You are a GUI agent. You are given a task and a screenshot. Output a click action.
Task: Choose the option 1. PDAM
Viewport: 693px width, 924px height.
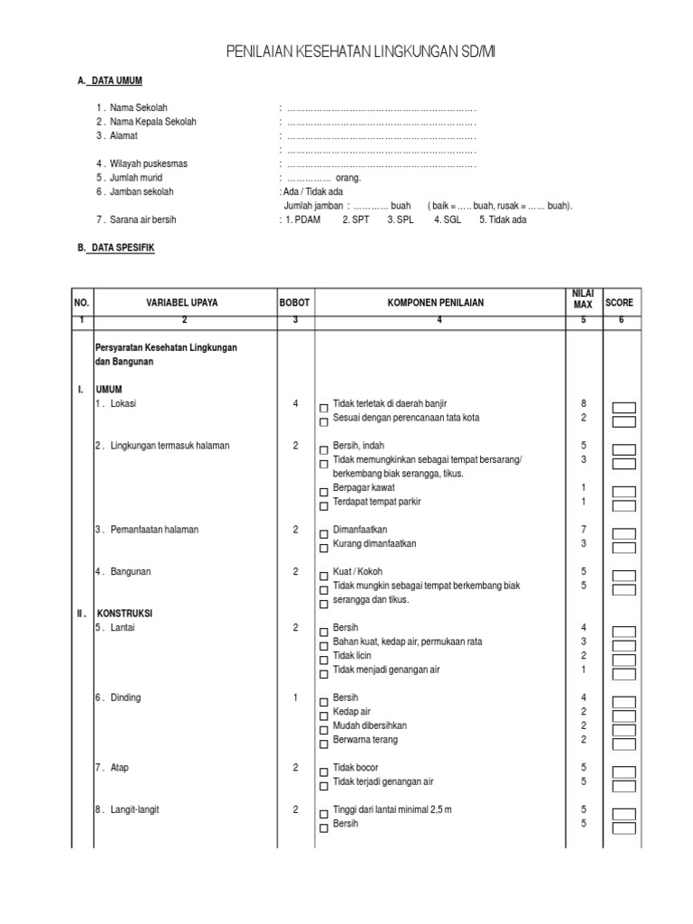click(304, 219)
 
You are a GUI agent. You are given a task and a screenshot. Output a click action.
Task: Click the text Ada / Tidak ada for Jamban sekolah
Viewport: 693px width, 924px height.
click(305, 192)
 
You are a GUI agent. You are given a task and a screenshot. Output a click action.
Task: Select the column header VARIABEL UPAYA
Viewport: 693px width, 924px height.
click(184, 303)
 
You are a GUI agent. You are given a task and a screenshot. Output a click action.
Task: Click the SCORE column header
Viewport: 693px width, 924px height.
click(619, 303)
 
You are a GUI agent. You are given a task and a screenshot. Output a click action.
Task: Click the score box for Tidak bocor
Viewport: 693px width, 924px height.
click(624, 772)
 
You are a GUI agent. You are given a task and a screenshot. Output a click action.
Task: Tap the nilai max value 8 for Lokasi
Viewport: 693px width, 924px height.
click(584, 403)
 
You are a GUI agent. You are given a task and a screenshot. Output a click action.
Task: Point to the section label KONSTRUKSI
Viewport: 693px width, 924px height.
click(127, 614)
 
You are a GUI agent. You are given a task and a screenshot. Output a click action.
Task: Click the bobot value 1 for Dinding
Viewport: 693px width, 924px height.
click(295, 698)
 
